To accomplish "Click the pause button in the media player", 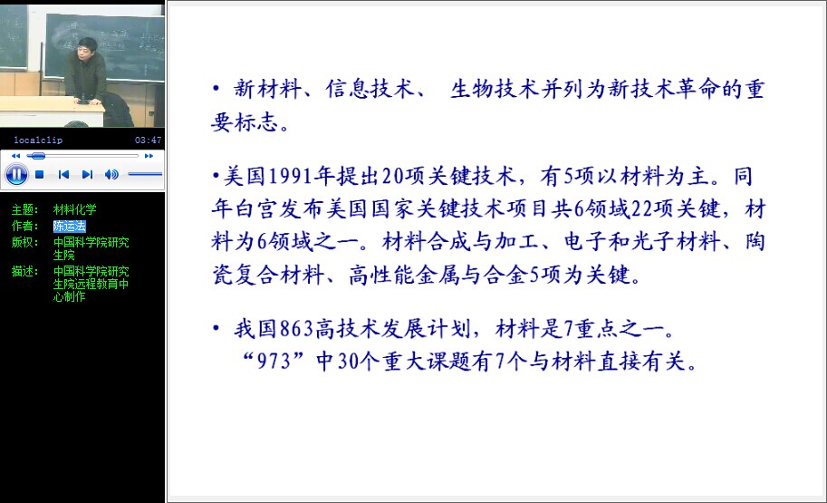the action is click(x=16, y=174).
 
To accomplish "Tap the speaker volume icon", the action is click(x=111, y=174).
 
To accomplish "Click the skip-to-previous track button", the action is click(x=63, y=174).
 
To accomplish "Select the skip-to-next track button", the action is click(x=88, y=174).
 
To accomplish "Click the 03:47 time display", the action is click(x=149, y=140).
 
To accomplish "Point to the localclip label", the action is click(x=38, y=140).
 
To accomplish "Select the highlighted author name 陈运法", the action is click(x=69, y=226).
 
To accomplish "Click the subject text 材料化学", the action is click(x=75, y=209).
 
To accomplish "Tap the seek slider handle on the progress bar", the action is click(x=36, y=156).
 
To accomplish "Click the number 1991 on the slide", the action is click(x=291, y=176).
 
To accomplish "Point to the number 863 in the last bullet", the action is click(x=296, y=329).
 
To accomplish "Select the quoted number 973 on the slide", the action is click(x=274, y=362).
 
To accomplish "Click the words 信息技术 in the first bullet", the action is click(x=370, y=89).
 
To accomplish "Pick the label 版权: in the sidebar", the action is click(x=25, y=242).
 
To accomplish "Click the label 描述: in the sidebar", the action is click(x=25, y=271).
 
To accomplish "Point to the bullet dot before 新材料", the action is click(x=216, y=88).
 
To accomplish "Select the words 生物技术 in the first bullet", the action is click(x=495, y=89).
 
